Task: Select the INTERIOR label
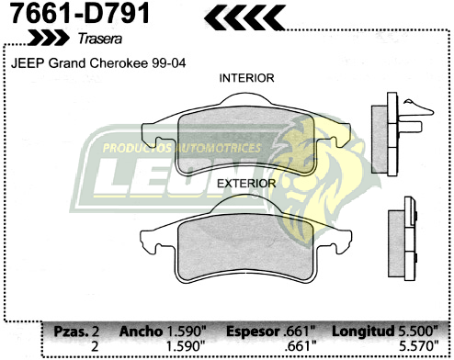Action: click(x=246, y=79)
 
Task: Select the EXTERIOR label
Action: click(x=246, y=183)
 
